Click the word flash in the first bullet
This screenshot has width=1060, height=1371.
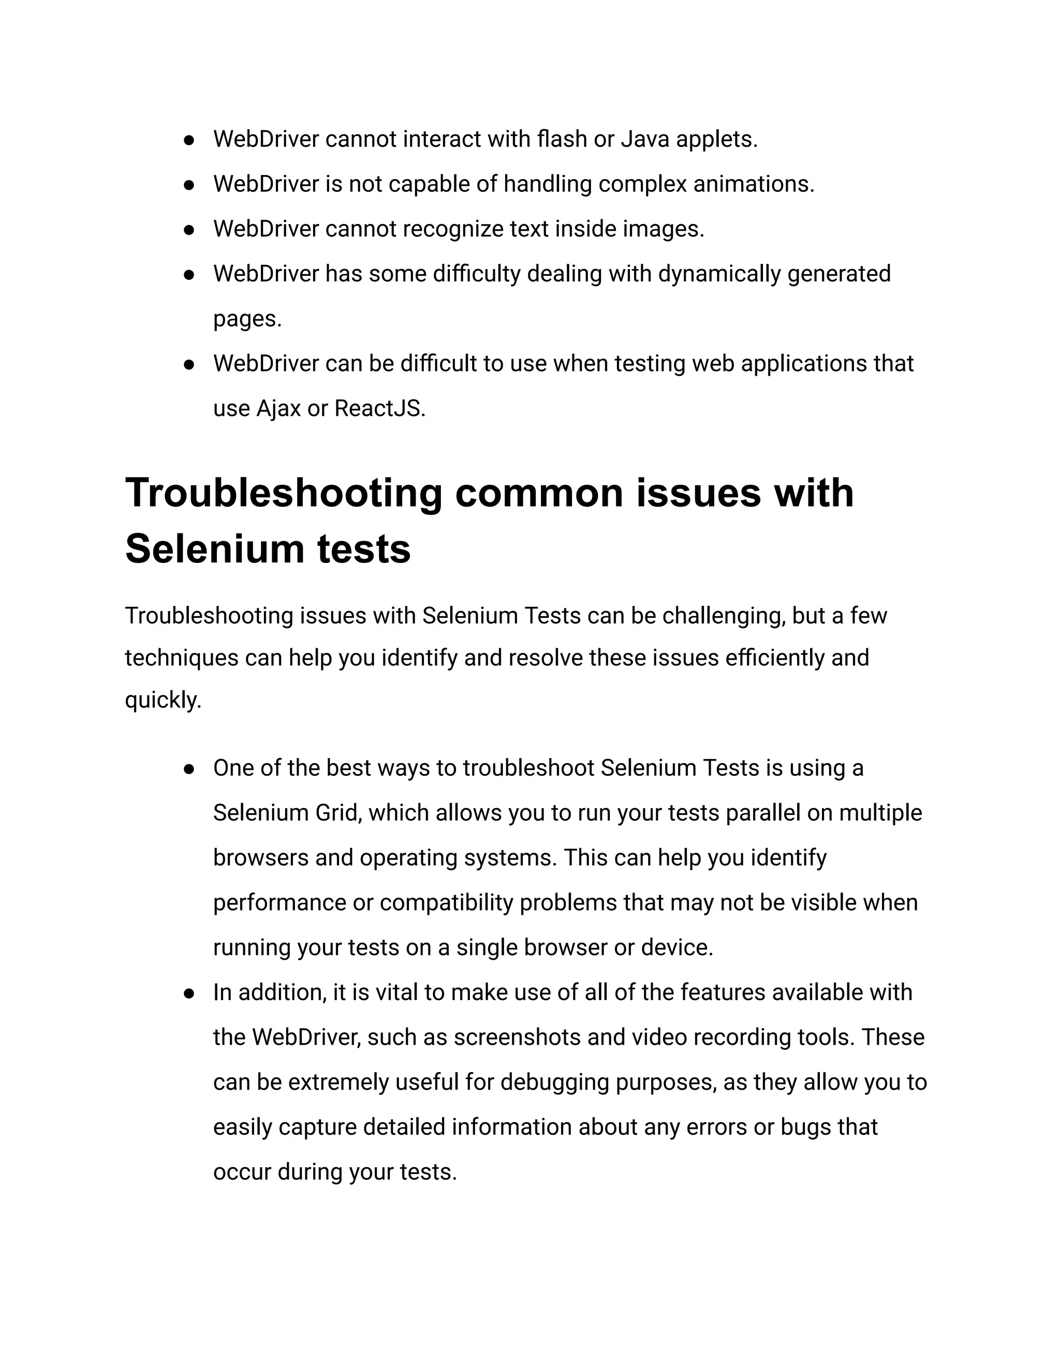tap(562, 139)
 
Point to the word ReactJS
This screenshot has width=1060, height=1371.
tap(379, 409)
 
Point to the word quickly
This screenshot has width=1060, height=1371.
tap(163, 700)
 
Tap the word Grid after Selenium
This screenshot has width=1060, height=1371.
tap(338, 813)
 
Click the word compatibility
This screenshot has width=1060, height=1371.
tap(447, 903)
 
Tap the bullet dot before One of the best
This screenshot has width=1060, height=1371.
tap(188, 769)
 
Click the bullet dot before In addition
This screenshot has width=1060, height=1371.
tap(188, 993)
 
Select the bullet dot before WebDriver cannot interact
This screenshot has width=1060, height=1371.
tap(188, 140)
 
